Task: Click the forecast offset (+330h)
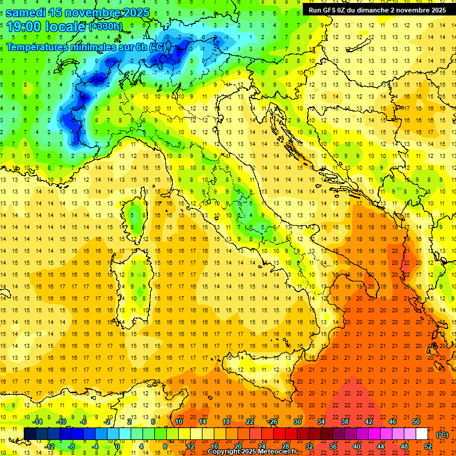(106, 27)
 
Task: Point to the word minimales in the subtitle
(102, 46)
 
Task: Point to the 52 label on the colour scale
(428, 446)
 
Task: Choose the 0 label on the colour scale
(118, 446)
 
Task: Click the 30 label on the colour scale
(297, 421)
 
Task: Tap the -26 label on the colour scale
(273, 421)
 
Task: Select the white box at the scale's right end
(422, 433)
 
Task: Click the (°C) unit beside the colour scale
(442, 435)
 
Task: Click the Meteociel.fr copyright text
(256, 452)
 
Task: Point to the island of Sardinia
(136, 281)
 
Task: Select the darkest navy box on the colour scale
(30, 433)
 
